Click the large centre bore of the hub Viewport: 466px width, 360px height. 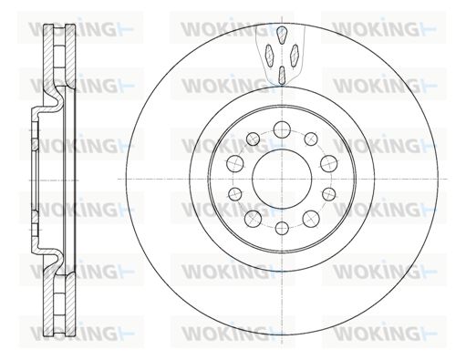282,179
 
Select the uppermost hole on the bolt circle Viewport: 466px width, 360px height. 282,129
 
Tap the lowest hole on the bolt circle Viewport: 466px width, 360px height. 282,228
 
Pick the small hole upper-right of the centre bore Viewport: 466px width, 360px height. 311,139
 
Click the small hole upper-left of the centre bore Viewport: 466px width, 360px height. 253,139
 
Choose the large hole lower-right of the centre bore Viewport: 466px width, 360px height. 311,219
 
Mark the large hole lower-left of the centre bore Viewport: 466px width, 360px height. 254,219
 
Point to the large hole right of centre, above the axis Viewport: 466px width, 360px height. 329,163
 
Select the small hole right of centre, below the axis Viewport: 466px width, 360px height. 329,194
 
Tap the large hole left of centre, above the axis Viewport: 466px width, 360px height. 235,163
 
